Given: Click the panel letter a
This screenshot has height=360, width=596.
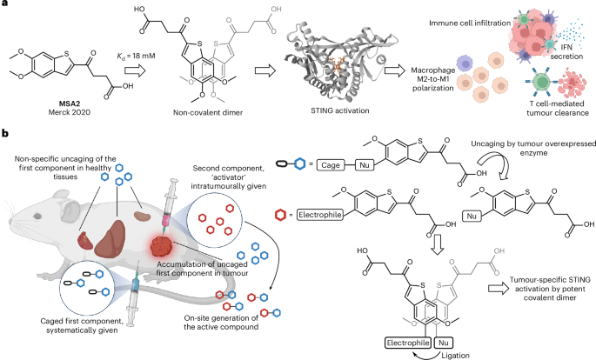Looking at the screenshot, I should (x=5, y=6).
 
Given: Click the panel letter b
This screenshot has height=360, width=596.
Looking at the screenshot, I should (x=5, y=133).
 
